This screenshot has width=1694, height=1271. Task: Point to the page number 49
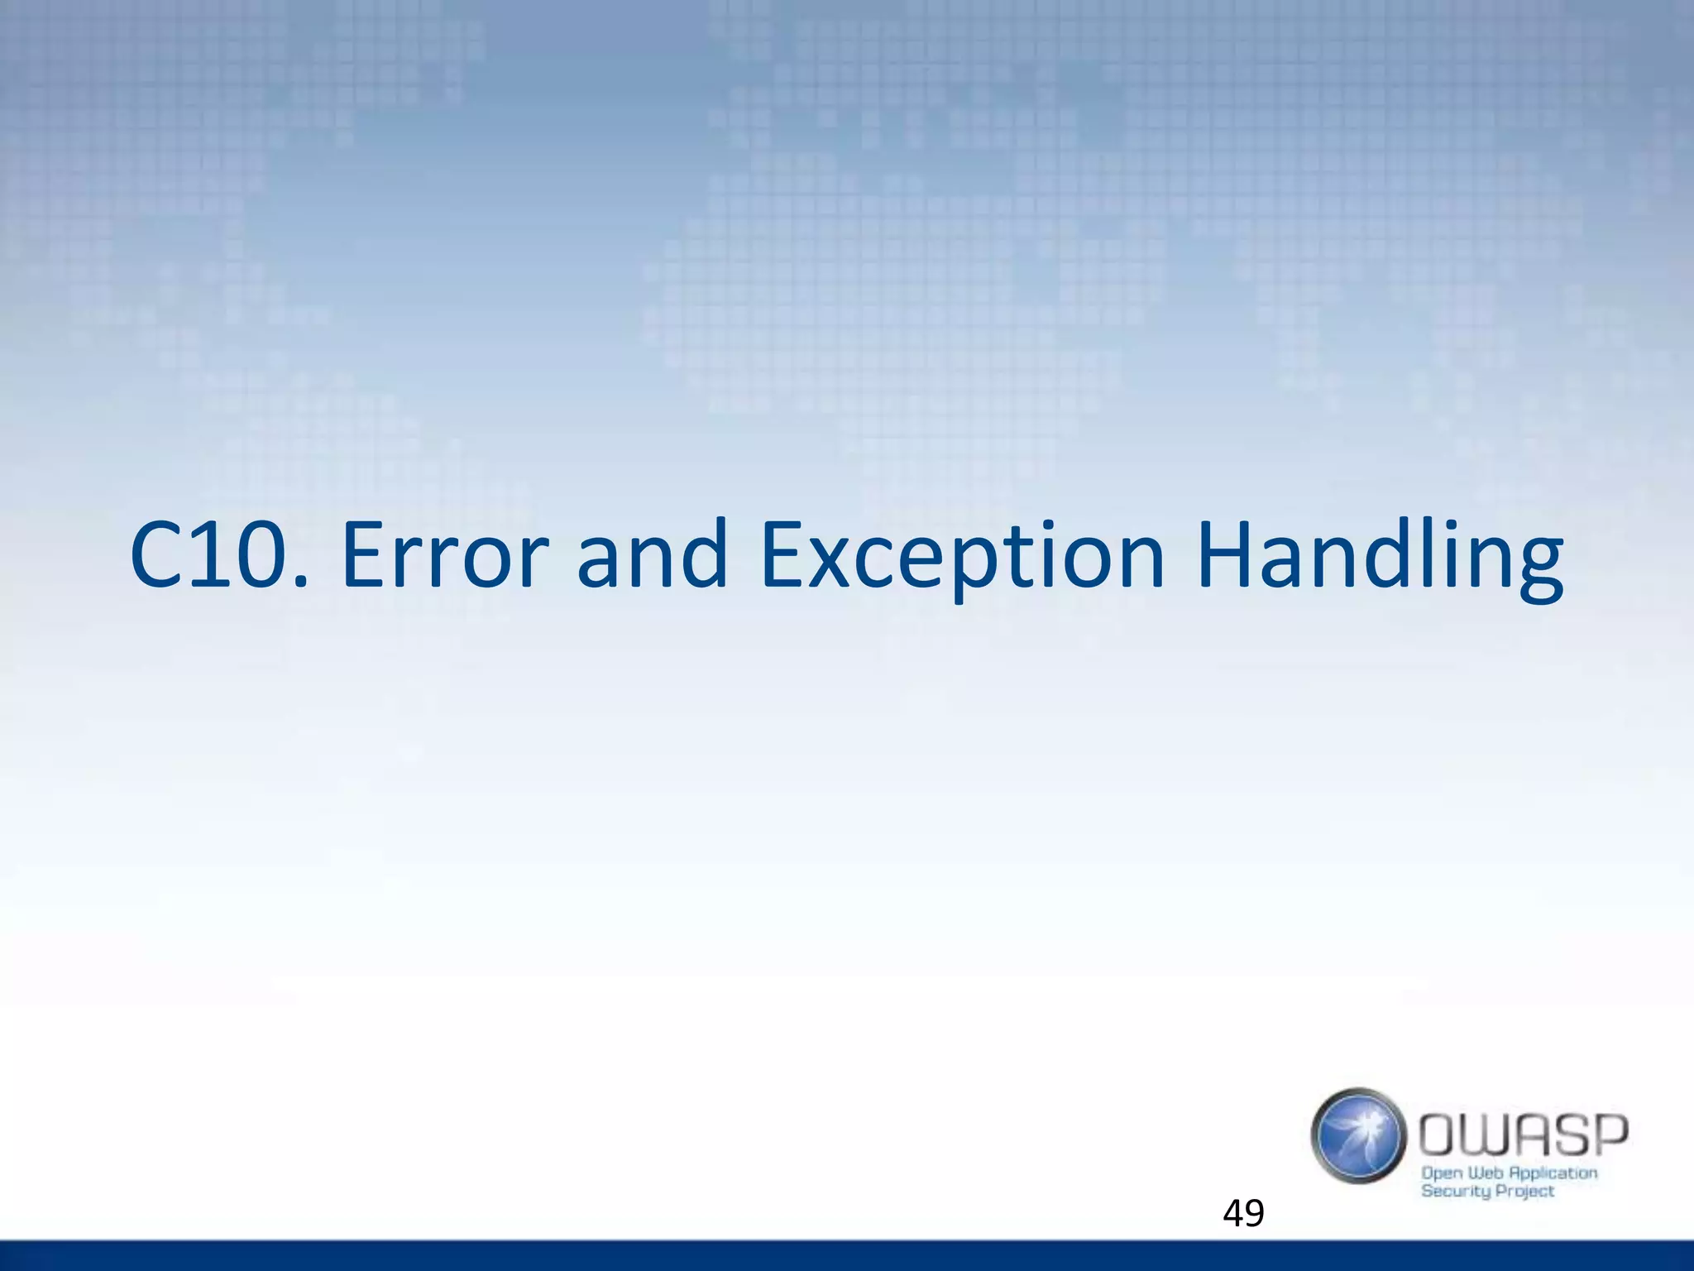[x=1243, y=1213]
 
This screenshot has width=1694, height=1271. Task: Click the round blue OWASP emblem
[x=1358, y=1135]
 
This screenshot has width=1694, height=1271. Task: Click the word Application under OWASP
[x=1553, y=1173]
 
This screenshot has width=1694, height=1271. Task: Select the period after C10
[x=302, y=583]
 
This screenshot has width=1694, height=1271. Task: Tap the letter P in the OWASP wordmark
[x=1608, y=1134]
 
